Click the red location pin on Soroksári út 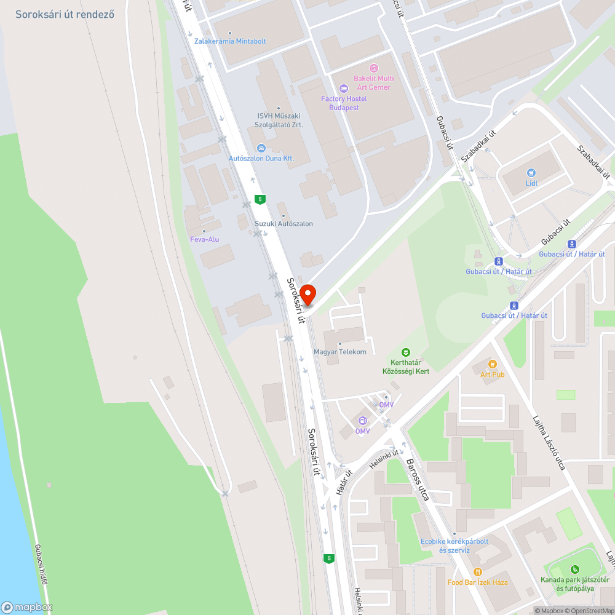click(x=307, y=295)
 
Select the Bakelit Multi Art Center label click(x=373, y=82)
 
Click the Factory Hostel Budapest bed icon click(x=344, y=89)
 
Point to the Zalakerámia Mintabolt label click(x=230, y=41)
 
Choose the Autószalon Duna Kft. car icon click(x=261, y=148)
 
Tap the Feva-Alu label click(x=204, y=239)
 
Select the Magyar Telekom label click(x=340, y=352)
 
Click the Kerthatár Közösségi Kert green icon click(x=405, y=352)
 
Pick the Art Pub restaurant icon click(x=492, y=364)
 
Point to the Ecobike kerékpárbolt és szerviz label click(x=454, y=546)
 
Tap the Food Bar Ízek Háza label click(x=477, y=582)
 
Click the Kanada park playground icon click(x=574, y=569)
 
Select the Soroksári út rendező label click(x=65, y=14)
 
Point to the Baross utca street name click(x=417, y=479)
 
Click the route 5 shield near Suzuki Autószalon click(x=261, y=199)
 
